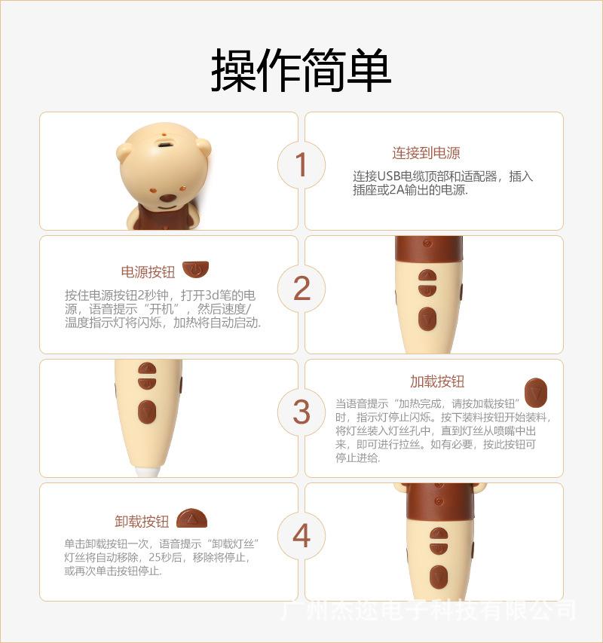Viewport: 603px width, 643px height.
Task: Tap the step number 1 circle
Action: [x=301, y=165]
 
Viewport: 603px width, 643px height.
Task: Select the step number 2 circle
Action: [x=301, y=289]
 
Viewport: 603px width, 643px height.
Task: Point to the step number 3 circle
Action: [x=301, y=412]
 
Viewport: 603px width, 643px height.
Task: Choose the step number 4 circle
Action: [x=301, y=535]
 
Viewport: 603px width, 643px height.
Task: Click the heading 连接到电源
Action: [x=426, y=153]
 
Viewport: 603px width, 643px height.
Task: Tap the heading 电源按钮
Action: [x=148, y=272]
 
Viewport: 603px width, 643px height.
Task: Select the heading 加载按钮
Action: [x=437, y=381]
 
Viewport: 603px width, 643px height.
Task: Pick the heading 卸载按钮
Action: [x=142, y=521]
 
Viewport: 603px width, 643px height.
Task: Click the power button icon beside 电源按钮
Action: [x=195, y=269]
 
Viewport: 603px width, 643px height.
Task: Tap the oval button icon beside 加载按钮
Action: [x=536, y=393]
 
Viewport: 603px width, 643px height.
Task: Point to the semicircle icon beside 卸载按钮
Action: [x=192, y=519]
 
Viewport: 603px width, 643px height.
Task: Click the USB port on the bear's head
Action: [x=165, y=145]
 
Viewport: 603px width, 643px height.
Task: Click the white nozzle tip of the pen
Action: [x=148, y=471]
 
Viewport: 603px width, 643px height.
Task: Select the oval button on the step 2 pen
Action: [x=427, y=319]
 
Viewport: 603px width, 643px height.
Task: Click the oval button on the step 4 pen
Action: [x=439, y=577]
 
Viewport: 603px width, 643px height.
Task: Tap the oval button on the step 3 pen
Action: [x=147, y=412]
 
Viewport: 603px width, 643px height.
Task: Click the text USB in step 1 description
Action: [x=388, y=176]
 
